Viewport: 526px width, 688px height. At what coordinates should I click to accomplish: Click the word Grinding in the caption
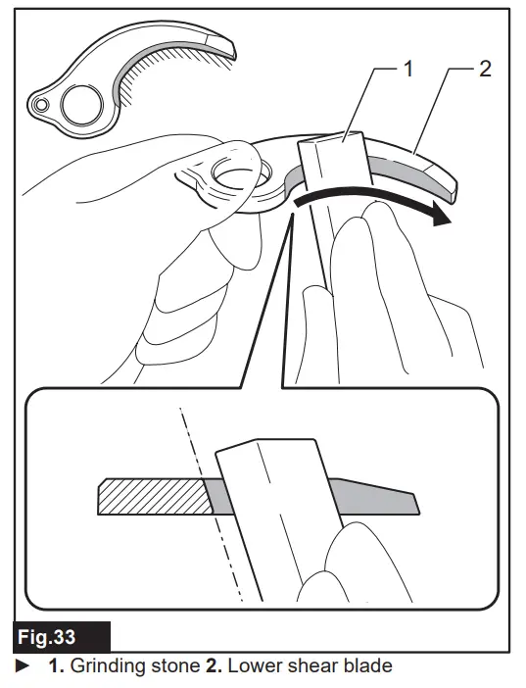click(x=106, y=666)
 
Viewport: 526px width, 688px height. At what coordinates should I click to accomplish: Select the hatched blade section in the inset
click(x=152, y=497)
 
